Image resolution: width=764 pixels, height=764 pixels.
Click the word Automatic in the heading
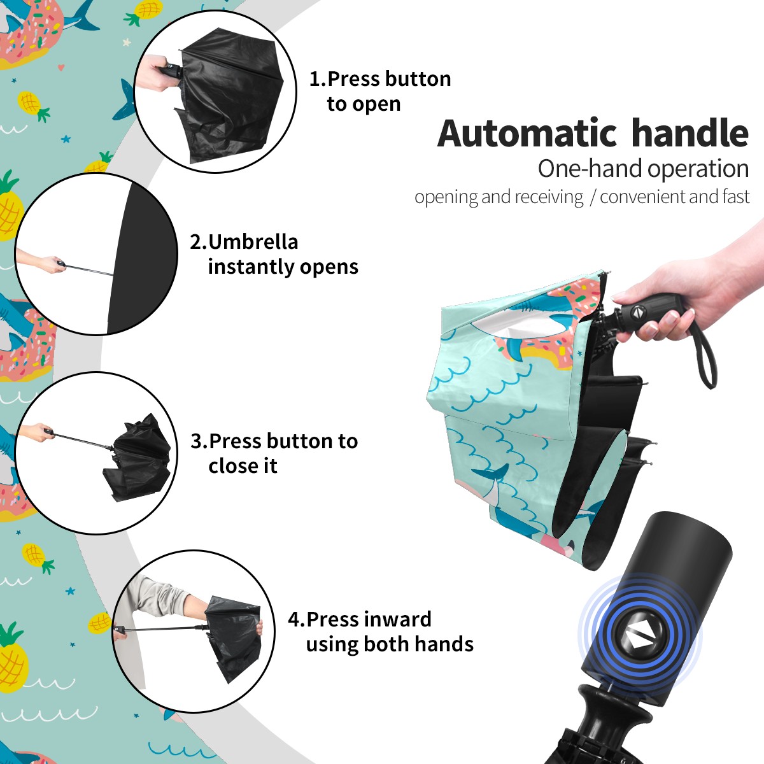[527, 134]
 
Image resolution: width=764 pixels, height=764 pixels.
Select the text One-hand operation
[643, 169]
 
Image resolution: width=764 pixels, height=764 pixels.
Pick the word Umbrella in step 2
[253, 242]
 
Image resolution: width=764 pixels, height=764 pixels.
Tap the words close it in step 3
[243, 466]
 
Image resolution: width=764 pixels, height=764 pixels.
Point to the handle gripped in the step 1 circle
[171, 72]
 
